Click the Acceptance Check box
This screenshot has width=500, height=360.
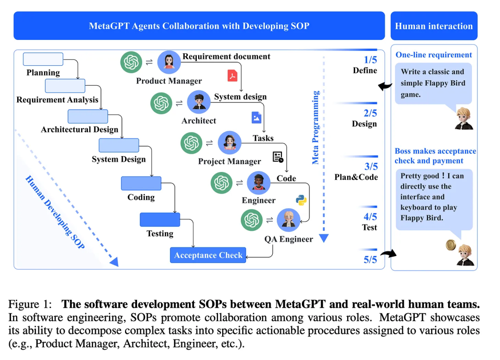pos(208,255)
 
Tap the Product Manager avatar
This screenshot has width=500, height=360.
pos(169,62)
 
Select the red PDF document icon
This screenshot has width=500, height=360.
pos(231,75)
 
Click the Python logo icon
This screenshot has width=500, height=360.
pos(301,200)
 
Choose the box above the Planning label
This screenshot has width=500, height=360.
pos(43,59)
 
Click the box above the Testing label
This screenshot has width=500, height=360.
pos(160,219)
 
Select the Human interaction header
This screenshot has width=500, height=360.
pos(434,26)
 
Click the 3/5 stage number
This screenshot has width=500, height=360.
pos(370,166)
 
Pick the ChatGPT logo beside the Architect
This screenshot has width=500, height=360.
pos(162,103)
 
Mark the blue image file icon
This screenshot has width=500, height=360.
pos(256,117)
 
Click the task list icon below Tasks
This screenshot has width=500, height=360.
pos(278,157)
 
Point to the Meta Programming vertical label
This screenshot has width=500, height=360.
pos(316,127)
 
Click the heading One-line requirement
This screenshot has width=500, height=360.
pos(433,55)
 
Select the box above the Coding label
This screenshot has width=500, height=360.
pos(141,183)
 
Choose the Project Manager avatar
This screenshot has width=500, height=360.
pos(229,143)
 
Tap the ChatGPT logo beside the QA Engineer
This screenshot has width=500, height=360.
pos(252,220)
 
